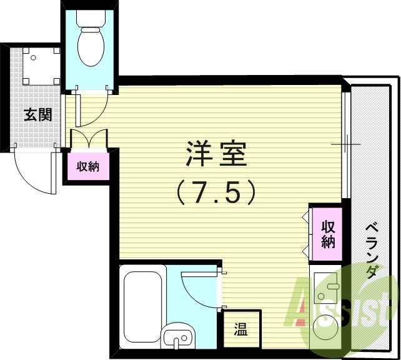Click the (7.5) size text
[x=215, y=192]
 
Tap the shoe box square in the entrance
[x=36, y=66]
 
